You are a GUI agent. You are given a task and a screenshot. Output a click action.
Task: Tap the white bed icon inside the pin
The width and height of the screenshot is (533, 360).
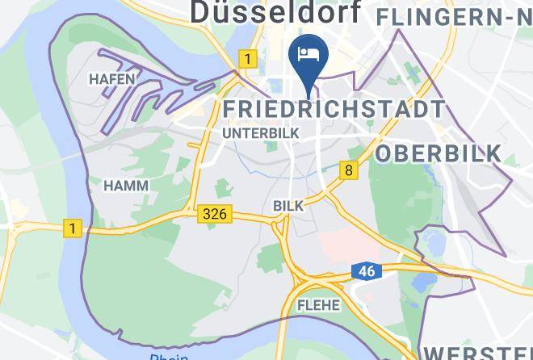tap(308, 54)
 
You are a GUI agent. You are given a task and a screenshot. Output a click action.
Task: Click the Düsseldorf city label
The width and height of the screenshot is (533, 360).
tap(275, 11)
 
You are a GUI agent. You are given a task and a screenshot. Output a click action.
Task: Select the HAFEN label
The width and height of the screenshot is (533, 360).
tap(111, 79)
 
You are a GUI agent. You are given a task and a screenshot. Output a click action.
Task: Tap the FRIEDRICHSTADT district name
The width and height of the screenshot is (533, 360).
tap(334, 108)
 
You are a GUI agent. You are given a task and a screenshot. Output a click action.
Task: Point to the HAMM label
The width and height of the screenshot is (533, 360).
tap(126, 185)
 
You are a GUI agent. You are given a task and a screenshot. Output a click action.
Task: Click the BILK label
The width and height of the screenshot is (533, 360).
tap(288, 206)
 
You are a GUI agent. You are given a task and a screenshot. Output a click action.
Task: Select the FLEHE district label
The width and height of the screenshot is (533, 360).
tap(319, 305)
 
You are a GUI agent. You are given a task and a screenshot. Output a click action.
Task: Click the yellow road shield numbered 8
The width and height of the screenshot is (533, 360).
tap(349, 170)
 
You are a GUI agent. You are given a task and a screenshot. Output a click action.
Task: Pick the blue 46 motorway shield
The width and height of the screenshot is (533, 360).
tap(366, 271)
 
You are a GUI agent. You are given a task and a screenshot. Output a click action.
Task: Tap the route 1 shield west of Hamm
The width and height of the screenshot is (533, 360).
tap(73, 228)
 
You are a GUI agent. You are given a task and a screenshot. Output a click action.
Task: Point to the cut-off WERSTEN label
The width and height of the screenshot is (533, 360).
tap(476, 353)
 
